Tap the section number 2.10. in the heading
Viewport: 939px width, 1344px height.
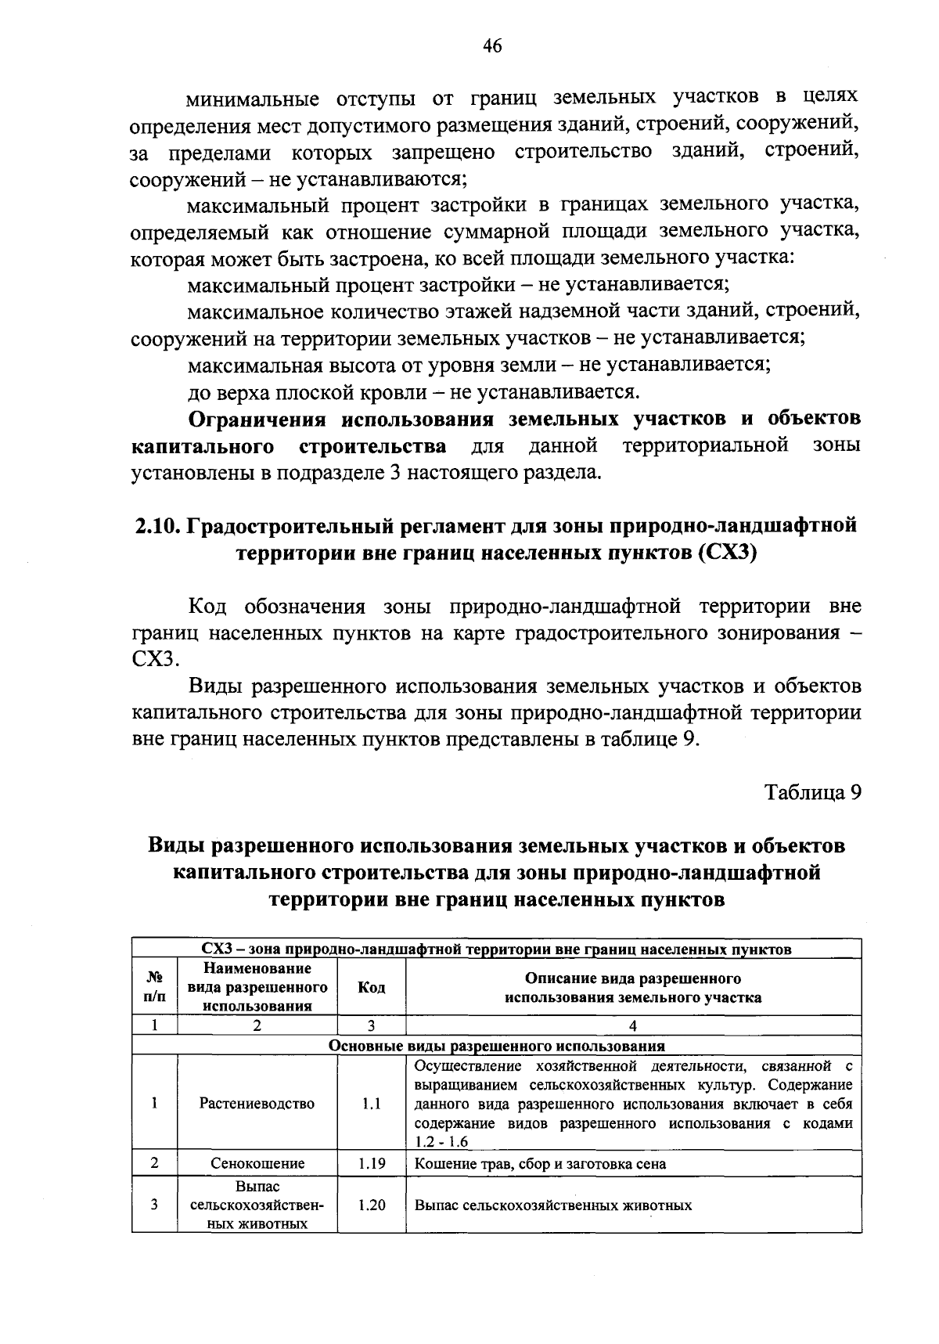(156, 525)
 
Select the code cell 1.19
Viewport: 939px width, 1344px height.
(371, 1163)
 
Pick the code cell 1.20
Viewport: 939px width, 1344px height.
(371, 1205)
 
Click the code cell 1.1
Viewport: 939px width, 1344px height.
(371, 1104)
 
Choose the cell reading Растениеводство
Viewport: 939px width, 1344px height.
(257, 1104)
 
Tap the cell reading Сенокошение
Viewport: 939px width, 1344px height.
(257, 1163)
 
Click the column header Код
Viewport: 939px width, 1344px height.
(371, 987)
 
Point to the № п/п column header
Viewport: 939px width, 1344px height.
(155, 987)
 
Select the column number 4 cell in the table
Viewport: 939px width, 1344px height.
(632, 1026)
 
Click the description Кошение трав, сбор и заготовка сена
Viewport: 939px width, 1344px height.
(540, 1164)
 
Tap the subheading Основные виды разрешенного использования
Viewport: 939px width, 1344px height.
(496, 1046)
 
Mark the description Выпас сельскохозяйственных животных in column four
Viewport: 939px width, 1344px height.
(552, 1205)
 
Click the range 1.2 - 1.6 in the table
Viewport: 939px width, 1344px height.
(441, 1142)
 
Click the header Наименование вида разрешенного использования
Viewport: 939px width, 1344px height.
(257, 987)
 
